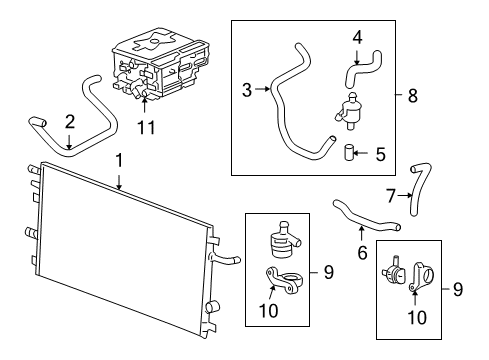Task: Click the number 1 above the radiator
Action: tap(118, 159)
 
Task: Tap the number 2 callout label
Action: tap(69, 122)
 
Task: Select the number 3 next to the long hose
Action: tap(246, 89)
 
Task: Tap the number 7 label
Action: tap(391, 195)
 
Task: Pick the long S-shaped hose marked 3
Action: tap(290, 100)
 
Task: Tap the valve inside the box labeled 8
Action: tap(351, 109)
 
